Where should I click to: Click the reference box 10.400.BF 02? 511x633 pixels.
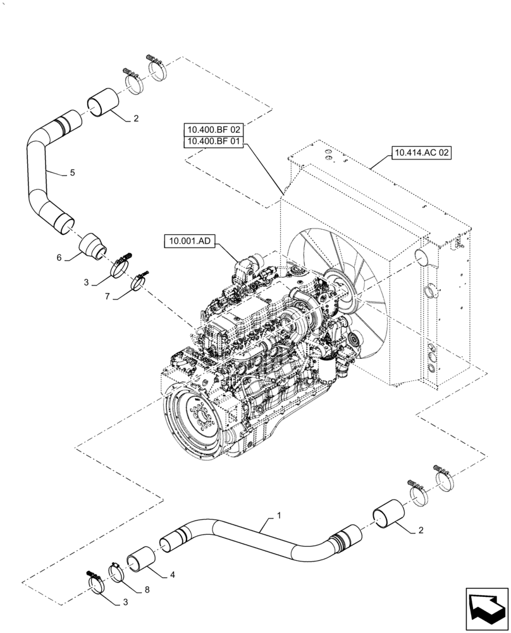pyautogui.click(x=213, y=130)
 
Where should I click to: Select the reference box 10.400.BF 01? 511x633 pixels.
pyautogui.click(x=213, y=141)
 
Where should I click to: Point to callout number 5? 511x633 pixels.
pyautogui.click(x=73, y=172)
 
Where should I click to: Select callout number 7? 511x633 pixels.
pyautogui.click(x=108, y=296)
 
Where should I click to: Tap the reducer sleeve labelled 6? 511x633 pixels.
pyautogui.click(x=93, y=245)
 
